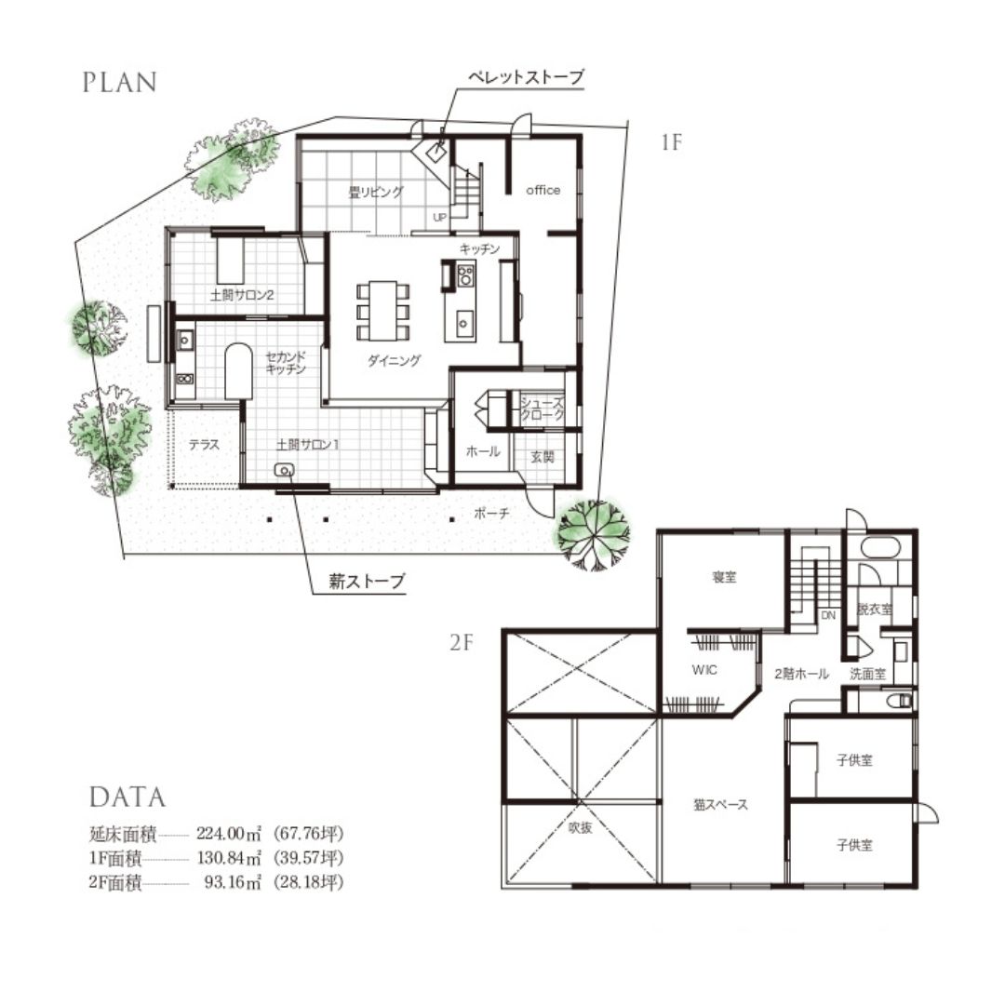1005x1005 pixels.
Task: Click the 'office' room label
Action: click(543, 191)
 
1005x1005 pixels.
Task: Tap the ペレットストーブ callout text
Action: click(526, 77)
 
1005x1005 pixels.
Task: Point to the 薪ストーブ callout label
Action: click(368, 581)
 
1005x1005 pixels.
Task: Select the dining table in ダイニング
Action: click(382, 310)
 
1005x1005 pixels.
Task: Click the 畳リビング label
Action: click(376, 192)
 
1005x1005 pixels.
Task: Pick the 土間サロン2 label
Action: click(242, 296)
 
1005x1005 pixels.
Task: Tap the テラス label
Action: click(205, 444)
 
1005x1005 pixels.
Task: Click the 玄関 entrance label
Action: click(543, 457)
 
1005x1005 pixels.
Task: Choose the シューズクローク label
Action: click(543, 409)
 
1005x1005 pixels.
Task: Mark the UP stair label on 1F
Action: click(439, 217)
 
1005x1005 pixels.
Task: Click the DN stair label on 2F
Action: click(828, 615)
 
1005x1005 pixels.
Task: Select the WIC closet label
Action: click(704, 670)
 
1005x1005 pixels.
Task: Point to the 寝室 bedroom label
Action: click(724, 577)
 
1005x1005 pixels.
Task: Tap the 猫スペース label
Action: click(720, 804)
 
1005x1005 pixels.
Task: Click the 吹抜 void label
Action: click(580, 827)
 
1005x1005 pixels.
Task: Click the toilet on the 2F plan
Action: click(901, 701)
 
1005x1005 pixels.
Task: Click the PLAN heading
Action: click(120, 83)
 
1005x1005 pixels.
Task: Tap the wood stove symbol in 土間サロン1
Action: click(284, 470)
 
